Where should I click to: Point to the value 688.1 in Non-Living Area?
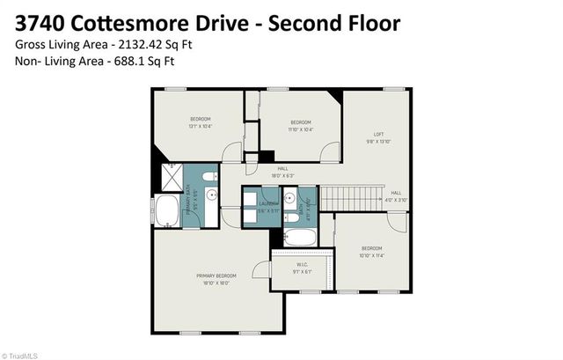(x=131, y=61)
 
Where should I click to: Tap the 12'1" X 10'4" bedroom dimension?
(x=201, y=127)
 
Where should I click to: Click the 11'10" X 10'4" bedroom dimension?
(x=299, y=129)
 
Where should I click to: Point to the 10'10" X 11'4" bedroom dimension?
(x=372, y=257)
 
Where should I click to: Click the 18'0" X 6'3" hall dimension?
(x=283, y=176)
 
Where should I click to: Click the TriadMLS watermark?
(x=19, y=354)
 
